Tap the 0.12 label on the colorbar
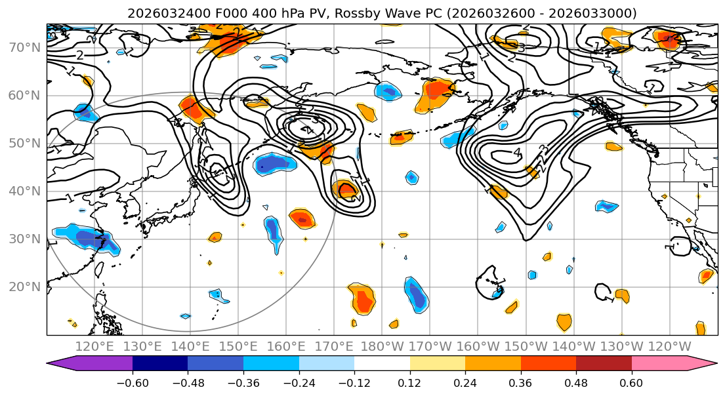[x=409, y=382]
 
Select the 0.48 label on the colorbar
[x=576, y=382]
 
